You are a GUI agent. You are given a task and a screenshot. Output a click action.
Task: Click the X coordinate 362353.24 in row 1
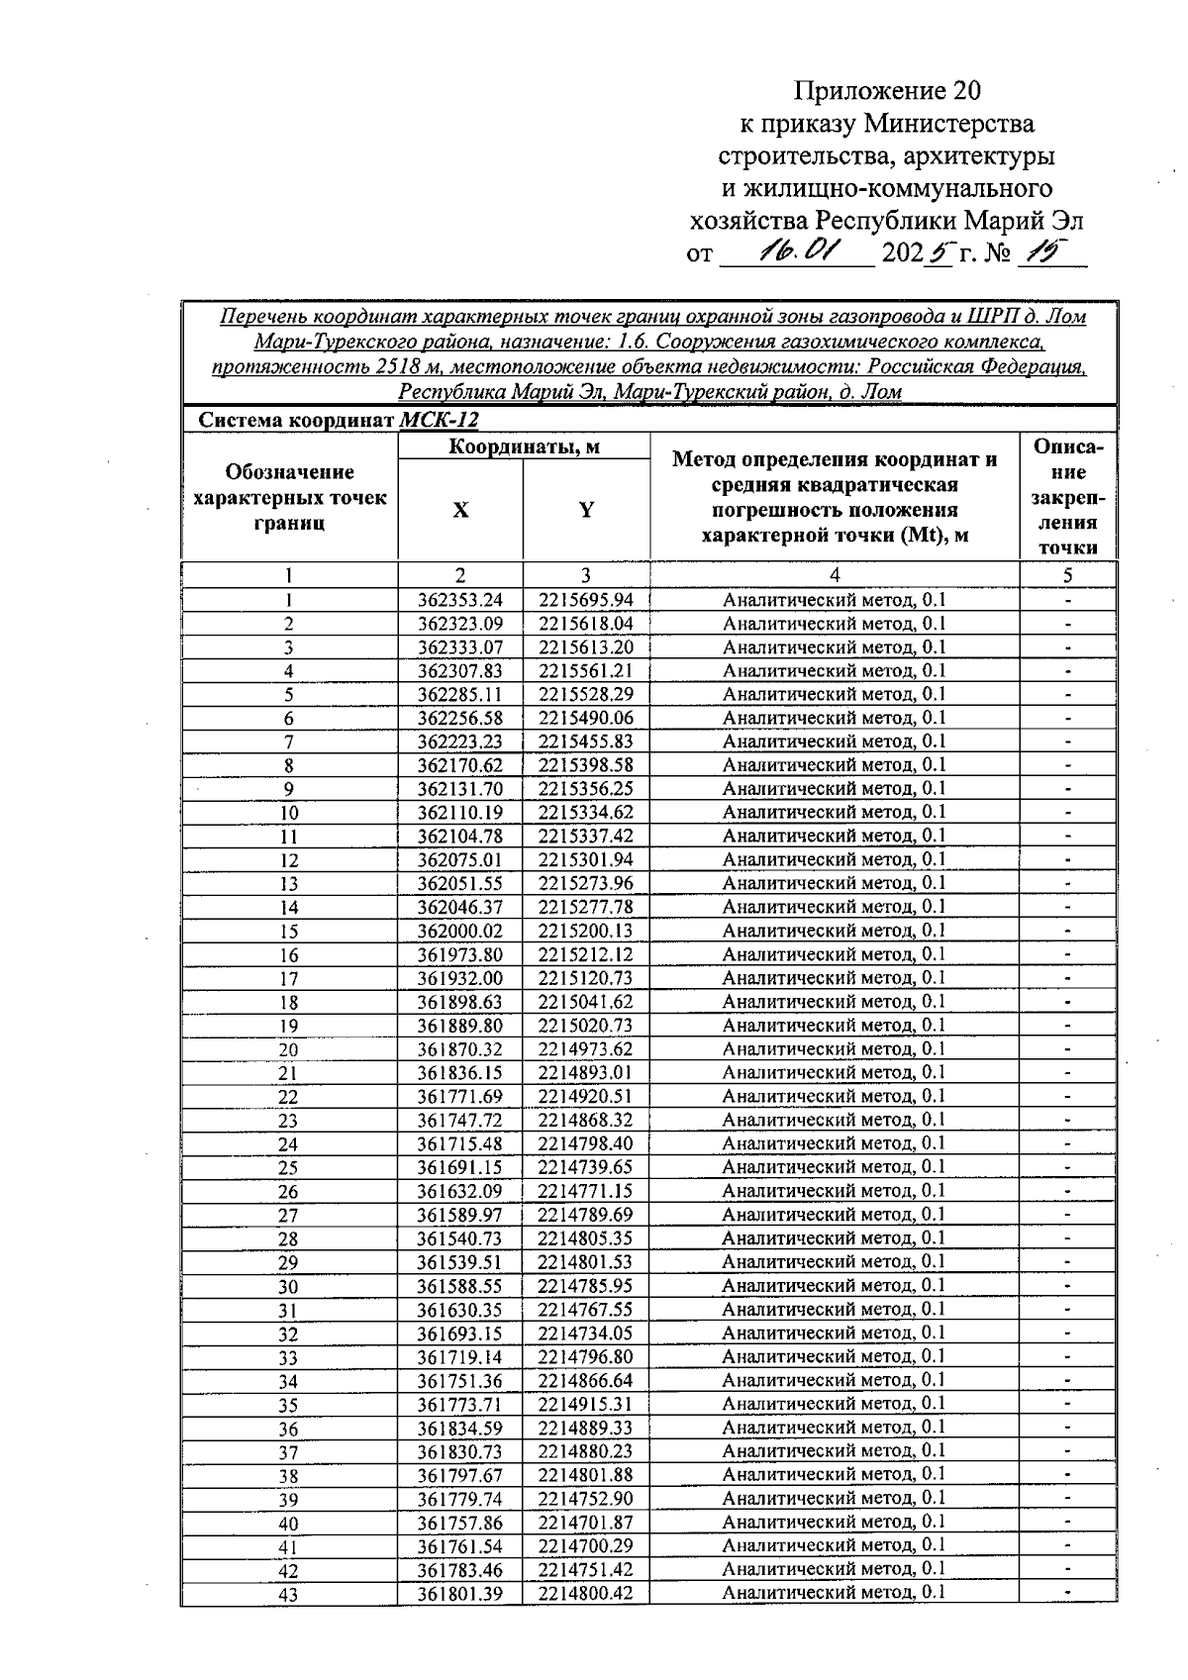460,600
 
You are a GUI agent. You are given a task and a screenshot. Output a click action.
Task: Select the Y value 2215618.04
586,624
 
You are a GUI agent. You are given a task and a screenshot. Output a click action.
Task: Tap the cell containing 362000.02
460,931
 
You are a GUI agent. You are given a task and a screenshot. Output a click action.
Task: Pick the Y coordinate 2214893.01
586,1072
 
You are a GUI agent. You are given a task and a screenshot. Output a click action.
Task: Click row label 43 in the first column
288,1595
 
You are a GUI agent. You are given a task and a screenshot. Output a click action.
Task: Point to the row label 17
288,979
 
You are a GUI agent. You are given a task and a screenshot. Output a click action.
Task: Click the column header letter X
460,510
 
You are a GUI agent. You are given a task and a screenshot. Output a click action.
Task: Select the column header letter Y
586,510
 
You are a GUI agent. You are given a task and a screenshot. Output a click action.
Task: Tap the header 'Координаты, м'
524,446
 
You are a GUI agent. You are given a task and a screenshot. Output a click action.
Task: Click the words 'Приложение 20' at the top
887,92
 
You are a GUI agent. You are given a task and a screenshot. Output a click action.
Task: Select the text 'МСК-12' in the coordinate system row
439,420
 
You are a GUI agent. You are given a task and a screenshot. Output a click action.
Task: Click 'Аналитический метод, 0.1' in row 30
834,1285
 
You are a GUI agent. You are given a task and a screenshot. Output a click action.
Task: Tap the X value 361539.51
460,1262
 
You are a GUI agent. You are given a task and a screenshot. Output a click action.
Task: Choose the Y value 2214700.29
586,1546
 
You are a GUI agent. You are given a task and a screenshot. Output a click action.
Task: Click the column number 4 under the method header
835,575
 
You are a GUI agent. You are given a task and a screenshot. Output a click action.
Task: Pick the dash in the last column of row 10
1068,813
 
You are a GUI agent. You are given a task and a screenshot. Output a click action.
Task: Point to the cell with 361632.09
460,1191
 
